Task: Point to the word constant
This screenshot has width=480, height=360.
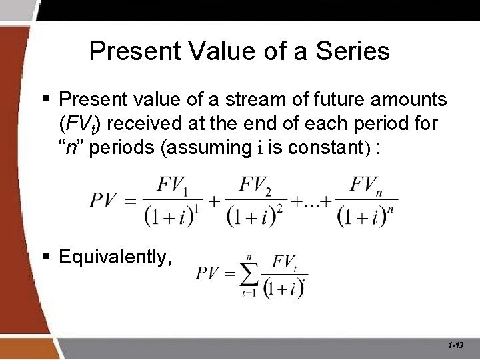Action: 333,147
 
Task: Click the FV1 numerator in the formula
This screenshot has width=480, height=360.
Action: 172,185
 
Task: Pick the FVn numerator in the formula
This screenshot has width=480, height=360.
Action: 366,185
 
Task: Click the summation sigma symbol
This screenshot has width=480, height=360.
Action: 249,272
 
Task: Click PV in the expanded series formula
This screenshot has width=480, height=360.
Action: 104,200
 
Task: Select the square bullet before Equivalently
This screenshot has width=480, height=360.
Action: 47,256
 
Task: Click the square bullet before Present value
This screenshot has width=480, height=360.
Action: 47,101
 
